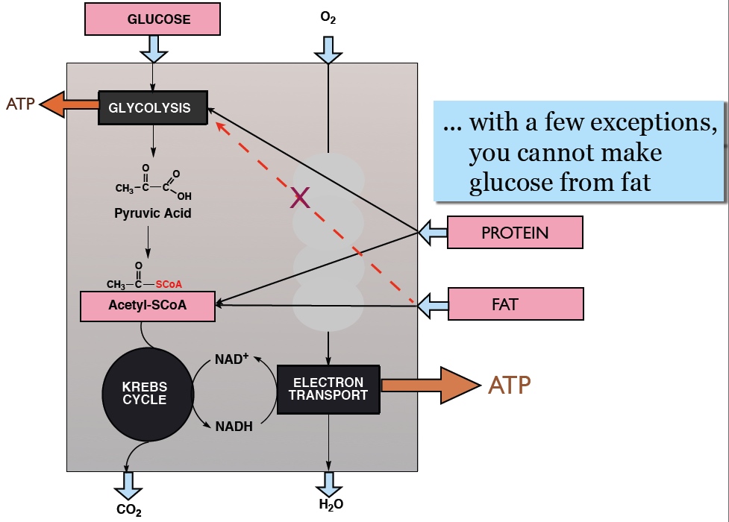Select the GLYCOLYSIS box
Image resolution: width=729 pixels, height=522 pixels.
point(154,107)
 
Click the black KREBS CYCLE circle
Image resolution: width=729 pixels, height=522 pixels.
point(145,392)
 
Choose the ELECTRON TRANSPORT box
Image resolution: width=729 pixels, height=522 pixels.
point(328,389)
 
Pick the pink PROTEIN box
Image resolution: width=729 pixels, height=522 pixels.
point(515,232)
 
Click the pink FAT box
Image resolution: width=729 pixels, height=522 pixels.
point(515,304)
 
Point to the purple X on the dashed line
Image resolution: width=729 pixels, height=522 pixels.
point(299,198)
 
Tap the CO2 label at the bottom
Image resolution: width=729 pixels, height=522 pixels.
point(128,510)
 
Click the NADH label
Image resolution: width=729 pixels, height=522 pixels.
point(234,427)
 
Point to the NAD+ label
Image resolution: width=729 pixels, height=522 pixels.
point(231,359)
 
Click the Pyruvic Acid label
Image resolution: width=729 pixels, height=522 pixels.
point(153,213)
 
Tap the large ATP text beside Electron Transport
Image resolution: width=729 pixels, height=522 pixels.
point(510,386)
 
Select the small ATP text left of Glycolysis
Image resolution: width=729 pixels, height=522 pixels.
point(20,104)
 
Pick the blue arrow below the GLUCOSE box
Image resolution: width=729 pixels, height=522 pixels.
point(154,49)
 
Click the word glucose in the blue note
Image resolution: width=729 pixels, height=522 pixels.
point(510,181)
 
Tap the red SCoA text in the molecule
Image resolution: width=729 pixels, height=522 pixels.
point(169,284)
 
